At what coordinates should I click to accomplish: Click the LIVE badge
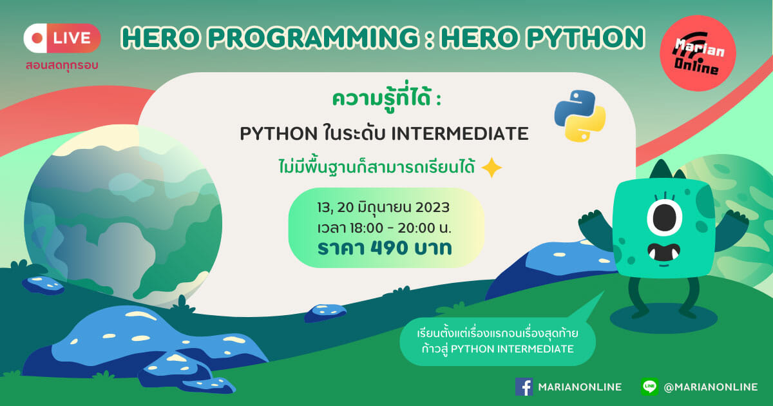(x=62, y=38)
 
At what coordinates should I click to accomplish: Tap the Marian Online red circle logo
(x=698, y=53)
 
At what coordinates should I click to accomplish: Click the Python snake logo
(x=580, y=116)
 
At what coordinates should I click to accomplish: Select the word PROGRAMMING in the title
(x=313, y=37)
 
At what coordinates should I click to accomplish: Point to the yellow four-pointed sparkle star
(x=491, y=168)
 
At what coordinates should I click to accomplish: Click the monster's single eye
(x=664, y=218)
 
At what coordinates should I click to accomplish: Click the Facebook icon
(x=524, y=387)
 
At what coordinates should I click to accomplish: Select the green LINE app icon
(x=649, y=386)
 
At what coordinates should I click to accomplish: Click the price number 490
(x=385, y=248)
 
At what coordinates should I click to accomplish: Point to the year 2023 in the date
(x=432, y=208)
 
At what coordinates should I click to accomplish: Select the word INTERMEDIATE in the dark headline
(x=460, y=133)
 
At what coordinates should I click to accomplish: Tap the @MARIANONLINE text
(x=711, y=387)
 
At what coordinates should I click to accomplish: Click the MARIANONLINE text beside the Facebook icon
(x=580, y=387)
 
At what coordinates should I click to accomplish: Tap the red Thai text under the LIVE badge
(x=62, y=65)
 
